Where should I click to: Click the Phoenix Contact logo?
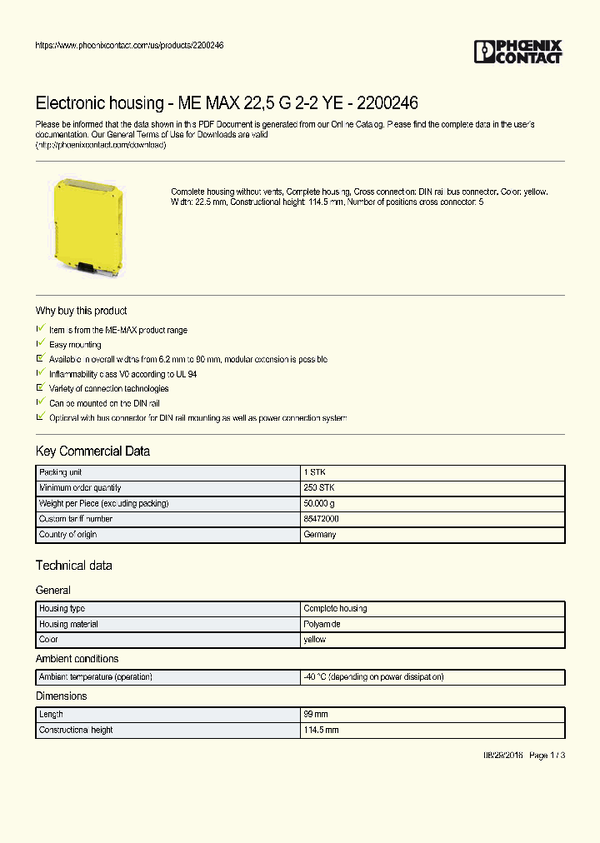[518, 52]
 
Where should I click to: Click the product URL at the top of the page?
[129, 45]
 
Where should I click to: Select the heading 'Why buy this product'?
[81, 311]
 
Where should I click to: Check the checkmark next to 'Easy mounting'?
[39, 344]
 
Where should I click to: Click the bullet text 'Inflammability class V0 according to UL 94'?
[122, 374]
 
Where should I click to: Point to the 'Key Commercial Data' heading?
[92, 451]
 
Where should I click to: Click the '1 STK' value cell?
[314, 472]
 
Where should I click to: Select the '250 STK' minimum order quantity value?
[318, 487]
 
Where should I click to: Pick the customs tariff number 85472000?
[321, 519]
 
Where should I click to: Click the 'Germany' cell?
[320, 535]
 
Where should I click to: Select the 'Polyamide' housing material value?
[322, 624]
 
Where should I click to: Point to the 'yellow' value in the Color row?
[315, 640]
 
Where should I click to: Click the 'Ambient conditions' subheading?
[77, 659]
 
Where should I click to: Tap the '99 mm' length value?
[316, 715]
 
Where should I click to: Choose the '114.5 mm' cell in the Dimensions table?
[321, 730]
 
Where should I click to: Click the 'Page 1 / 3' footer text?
[547, 756]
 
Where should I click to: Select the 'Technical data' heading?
[73, 566]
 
